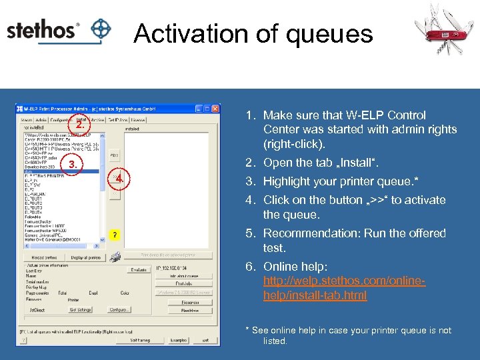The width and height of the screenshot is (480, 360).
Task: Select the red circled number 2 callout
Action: pyautogui.click(x=79, y=125)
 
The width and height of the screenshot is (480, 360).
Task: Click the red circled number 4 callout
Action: pyautogui.click(x=118, y=179)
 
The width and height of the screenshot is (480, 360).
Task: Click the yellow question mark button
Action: pyautogui.click(x=115, y=235)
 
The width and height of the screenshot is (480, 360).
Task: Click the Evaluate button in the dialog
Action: pyautogui.click(x=139, y=270)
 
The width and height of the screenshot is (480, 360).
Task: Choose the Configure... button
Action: pyautogui.click(x=119, y=309)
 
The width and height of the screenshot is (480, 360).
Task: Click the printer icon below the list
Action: pyautogui.click(x=115, y=257)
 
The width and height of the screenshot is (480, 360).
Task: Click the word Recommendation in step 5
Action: pyautogui.click(x=313, y=233)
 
